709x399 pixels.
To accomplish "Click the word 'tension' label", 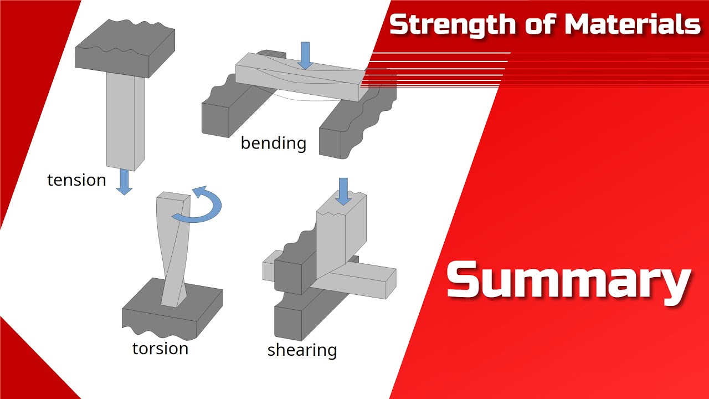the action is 76,180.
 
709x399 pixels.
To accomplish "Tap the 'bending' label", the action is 274,143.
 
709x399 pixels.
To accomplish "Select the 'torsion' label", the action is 160,349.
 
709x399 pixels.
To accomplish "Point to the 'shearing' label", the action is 302,350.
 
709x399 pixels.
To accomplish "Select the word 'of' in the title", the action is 540,24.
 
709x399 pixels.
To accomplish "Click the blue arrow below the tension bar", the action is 124,182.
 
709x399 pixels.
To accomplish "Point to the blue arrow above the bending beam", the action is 305,55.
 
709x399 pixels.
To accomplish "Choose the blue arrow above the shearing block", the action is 343,192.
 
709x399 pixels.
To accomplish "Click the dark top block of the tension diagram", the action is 125,48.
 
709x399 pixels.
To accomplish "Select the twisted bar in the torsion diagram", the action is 174,249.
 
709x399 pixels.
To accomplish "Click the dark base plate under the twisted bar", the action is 172,314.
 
